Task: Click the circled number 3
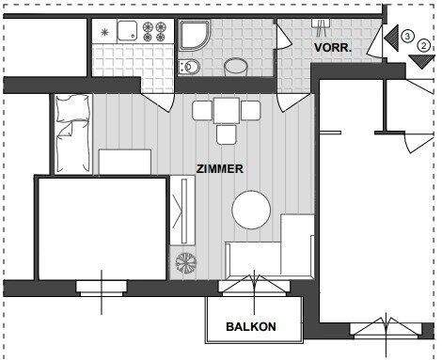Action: (406, 36)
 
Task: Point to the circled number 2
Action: (423, 45)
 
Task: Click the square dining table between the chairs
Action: (227, 110)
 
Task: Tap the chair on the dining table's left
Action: (201, 110)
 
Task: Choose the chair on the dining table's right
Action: (250, 110)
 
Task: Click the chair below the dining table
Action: (227, 133)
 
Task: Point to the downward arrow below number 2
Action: (418, 62)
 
